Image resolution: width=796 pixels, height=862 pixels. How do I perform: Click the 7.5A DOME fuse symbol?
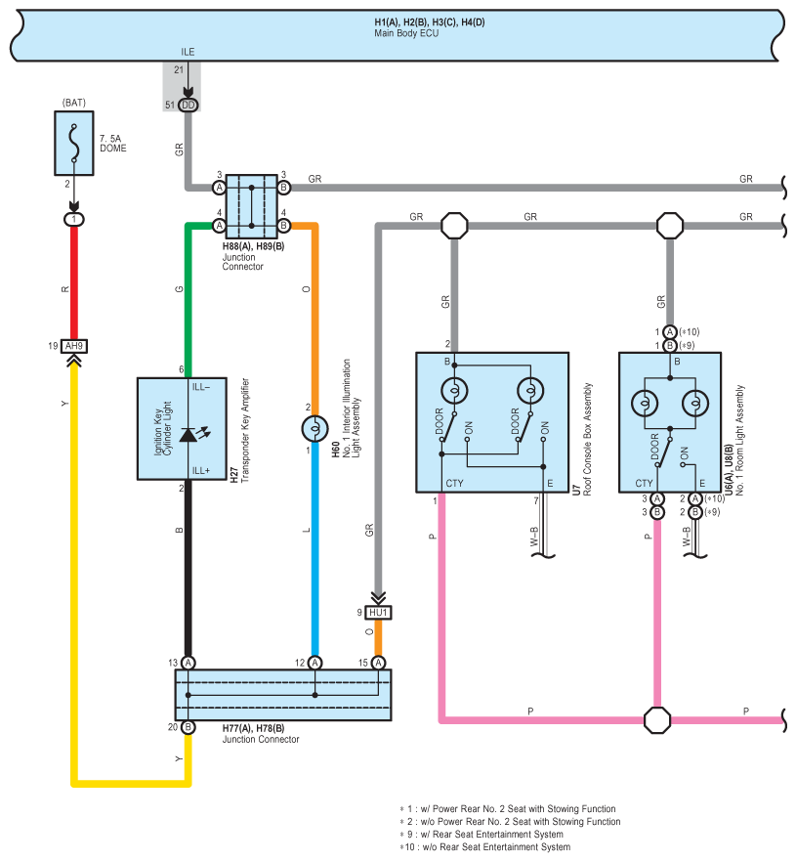pyautogui.click(x=74, y=144)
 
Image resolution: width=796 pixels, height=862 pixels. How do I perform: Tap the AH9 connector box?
pyautogui.click(x=74, y=346)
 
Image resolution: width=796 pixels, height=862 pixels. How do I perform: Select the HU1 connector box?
pyautogui.click(x=379, y=613)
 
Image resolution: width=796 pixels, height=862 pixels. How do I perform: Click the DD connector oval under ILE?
pyautogui.click(x=188, y=105)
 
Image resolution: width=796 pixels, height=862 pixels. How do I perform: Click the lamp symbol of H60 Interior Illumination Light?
pyautogui.click(x=315, y=429)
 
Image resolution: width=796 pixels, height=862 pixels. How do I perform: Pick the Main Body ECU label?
pyautogui.click(x=406, y=33)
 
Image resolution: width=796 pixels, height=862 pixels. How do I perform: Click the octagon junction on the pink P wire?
pyautogui.click(x=657, y=720)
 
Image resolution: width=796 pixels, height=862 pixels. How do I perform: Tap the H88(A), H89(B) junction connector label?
pyautogui.click(x=253, y=246)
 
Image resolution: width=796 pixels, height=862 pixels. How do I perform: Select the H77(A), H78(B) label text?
pyautogui.click(x=253, y=728)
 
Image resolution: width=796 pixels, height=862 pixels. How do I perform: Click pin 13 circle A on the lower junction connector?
pyautogui.click(x=189, y=663)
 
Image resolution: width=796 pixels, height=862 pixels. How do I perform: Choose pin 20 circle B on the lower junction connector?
pyautogui.click(x=188, y=727)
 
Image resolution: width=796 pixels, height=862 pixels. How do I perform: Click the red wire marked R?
pyautogui.click(x=74, y=283)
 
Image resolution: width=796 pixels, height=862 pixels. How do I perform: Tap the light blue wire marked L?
pyautogui.click(x=315, y=549)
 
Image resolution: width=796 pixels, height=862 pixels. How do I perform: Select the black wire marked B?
pyautogui.click(x=188, y=568)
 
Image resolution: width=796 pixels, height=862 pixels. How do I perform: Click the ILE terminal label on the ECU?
pyautogui.click(x=188, y=52)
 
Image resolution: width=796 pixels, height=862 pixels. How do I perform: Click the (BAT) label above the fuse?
pyautogui.click(x=74, y=103)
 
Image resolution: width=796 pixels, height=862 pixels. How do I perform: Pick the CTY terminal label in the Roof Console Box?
pyautogui.click(x=454, y=483)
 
